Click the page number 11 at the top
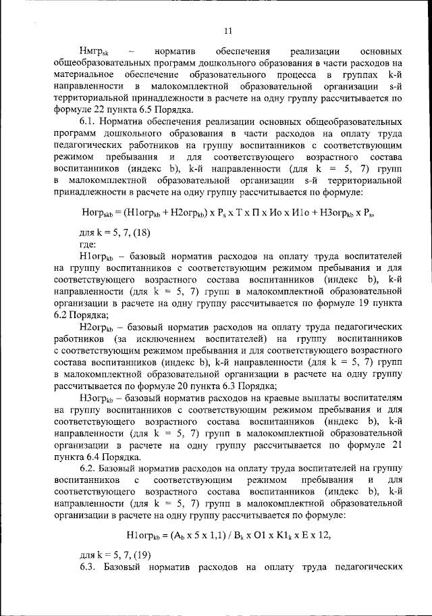(228, 30)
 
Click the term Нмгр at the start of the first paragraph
(92, 51)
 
